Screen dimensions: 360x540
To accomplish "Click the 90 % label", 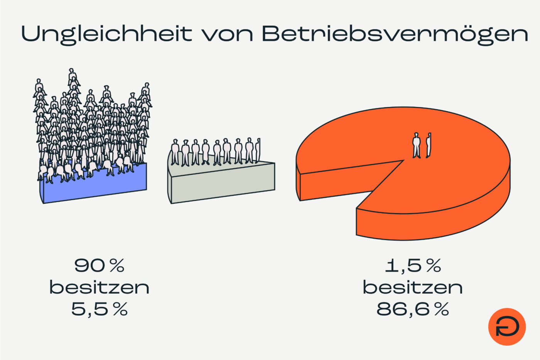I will point(99,265).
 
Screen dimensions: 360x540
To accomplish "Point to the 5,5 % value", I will point(99,309).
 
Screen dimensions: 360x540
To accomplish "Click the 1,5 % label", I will point(413,265).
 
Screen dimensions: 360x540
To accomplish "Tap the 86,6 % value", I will point(413,309).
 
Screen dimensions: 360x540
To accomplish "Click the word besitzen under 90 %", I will point(99,287).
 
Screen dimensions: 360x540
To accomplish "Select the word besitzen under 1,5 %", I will point(413,287).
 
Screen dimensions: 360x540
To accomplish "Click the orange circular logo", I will point(507,326).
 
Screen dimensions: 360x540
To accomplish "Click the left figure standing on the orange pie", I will point(416,145).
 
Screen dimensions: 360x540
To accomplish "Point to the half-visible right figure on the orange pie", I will point(428,145).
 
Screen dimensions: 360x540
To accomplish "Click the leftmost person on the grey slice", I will point(175,152).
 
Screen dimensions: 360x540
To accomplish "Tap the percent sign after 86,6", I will point(441,309).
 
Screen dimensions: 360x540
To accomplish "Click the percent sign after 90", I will point(117,265).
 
